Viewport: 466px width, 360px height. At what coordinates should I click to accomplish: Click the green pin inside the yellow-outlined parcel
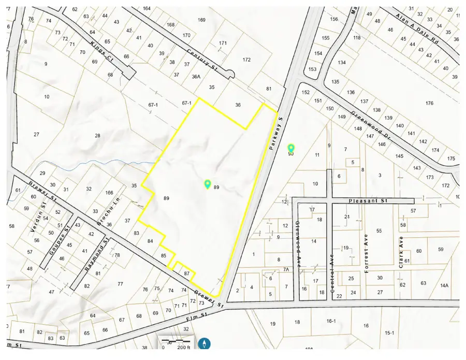(x=208, y=184)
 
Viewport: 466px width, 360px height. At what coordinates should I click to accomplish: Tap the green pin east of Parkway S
(x=291, y=149)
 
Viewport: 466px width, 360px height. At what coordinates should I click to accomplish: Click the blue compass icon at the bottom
(x=206, y=343)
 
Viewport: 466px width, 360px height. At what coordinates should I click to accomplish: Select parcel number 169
(x=202, y=20)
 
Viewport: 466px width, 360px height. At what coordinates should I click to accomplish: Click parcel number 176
(x=429, y=104)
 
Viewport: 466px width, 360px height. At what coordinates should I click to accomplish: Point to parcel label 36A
(x=196, y=76)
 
